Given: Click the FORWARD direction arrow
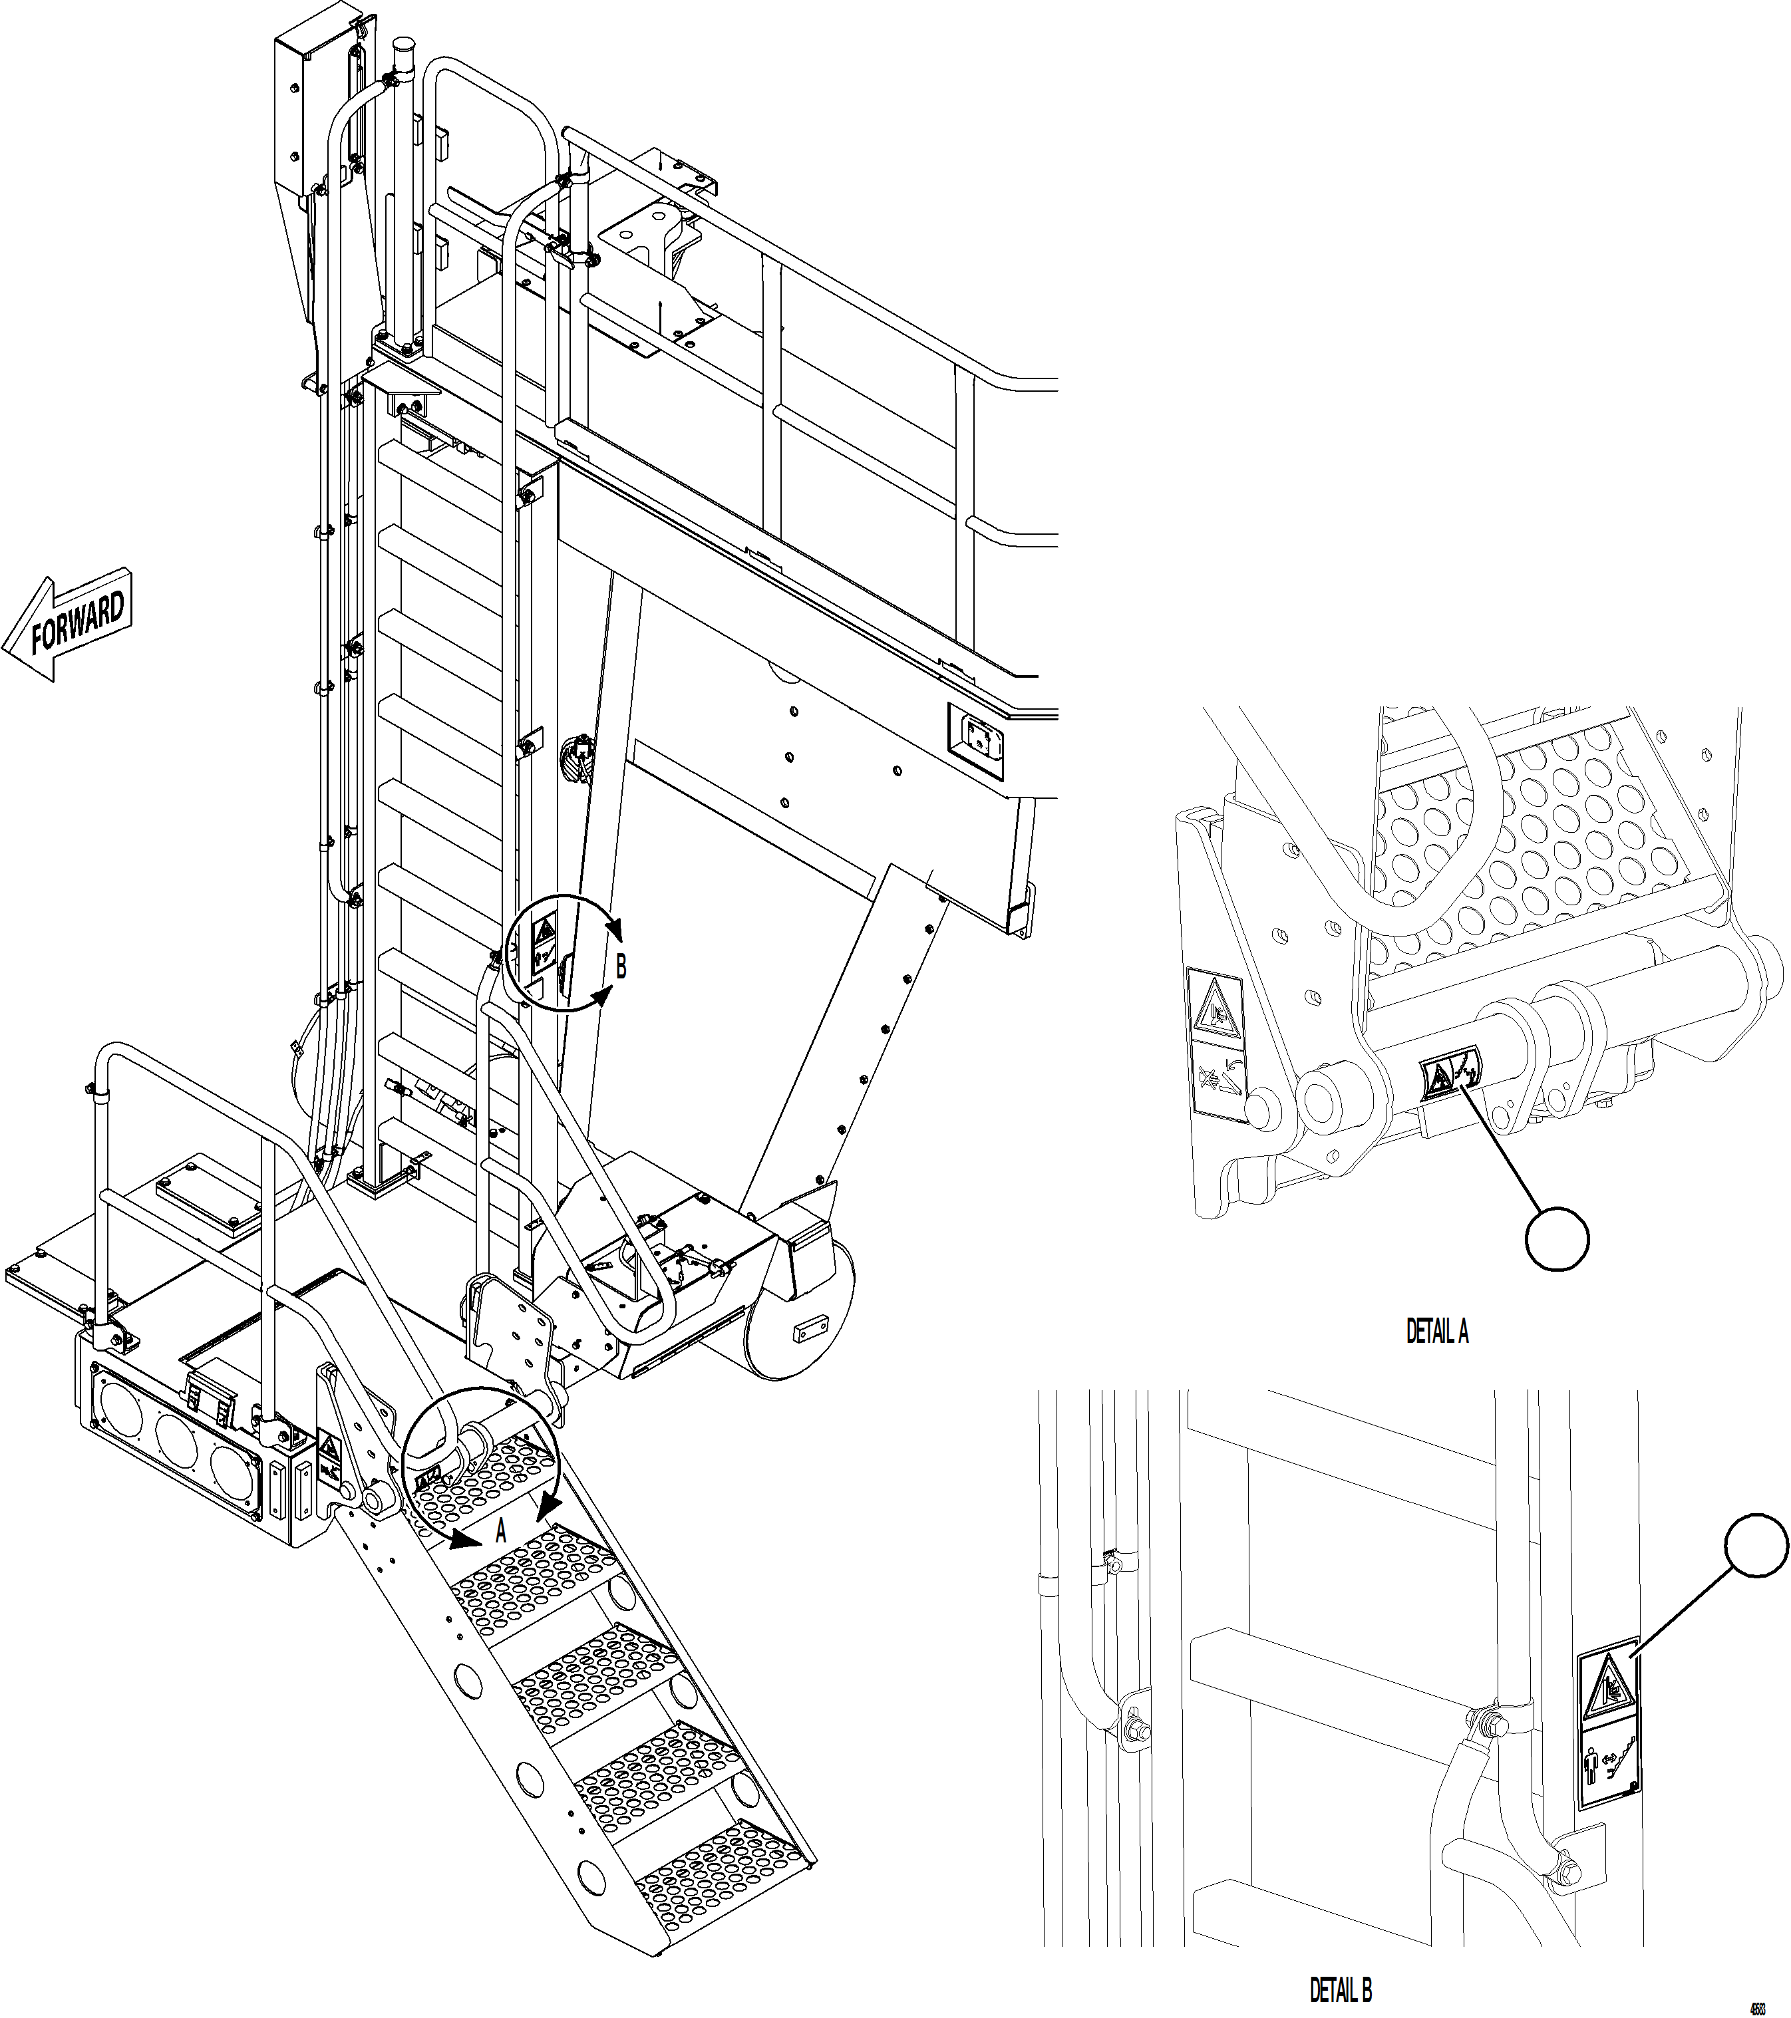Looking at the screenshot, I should [69, 627].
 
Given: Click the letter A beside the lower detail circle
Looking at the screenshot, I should [500, 1560].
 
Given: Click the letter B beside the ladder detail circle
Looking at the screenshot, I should [621, 968].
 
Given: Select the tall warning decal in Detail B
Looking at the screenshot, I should [1607, 1743].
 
